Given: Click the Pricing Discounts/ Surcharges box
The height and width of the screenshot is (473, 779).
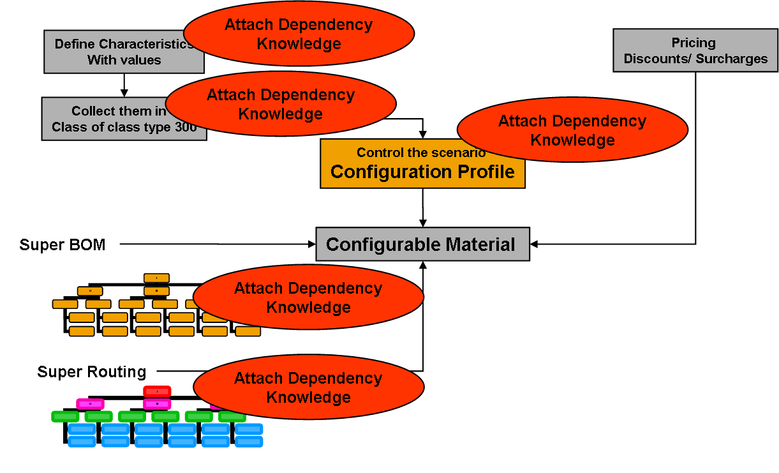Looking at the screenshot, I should click(695, 50).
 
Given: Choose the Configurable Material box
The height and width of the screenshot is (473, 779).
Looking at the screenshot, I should click(422, 244).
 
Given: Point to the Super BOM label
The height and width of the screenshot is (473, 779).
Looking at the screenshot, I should click(63, 244).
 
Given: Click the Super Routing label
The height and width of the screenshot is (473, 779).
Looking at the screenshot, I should click(92, 372).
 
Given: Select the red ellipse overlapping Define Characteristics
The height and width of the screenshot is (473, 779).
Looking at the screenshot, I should click(299, 34).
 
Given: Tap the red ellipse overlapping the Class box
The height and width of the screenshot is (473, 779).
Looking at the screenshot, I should click(281, 105).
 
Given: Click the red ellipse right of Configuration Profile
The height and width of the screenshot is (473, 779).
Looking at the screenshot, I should click(572, 130).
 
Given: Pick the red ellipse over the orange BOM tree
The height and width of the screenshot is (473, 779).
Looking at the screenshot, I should click(308, 297).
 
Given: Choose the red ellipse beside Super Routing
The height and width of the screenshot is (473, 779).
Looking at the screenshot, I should click(308, 387).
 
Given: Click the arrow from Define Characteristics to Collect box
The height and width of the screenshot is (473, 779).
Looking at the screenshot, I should click(124, 85).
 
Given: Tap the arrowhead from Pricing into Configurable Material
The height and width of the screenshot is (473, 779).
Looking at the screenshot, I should click(535, 244).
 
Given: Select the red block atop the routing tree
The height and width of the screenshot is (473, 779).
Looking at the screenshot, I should click(157, 391).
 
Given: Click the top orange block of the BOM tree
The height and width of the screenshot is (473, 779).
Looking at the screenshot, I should click(156, 278).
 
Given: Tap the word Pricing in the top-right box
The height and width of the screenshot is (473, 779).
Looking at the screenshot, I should click(694, 43).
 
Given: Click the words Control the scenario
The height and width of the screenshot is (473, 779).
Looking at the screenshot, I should click(421, 153).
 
